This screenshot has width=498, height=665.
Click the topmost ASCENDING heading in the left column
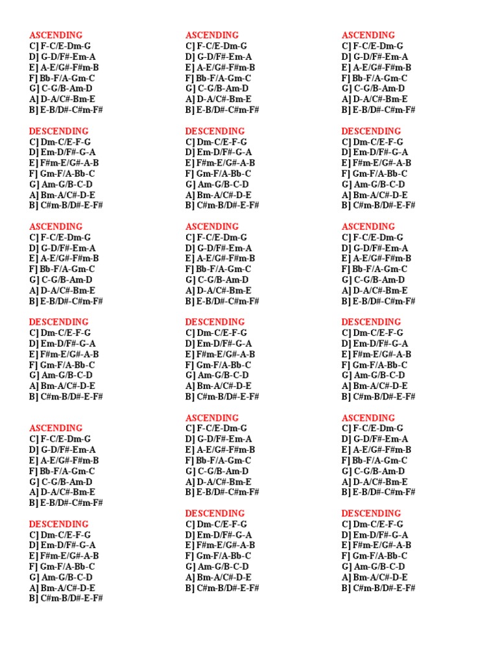(56, 35)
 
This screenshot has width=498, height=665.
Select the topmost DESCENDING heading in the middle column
(215, 131)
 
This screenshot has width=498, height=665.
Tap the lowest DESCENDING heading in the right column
(372, 513)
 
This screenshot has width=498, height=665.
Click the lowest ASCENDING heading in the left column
(56, 428)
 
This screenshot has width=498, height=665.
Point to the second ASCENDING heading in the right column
(368, 227)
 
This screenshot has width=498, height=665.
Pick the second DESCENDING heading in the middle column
(215, 322)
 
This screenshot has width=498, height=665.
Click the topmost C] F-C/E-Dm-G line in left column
(60, 46)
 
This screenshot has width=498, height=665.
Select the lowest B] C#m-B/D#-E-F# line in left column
(65, 598)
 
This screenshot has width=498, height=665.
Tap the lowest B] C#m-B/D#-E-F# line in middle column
(222, 588)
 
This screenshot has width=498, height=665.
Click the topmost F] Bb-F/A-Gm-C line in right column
(375, 78)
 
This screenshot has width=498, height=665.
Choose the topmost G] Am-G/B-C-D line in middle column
(217, 184)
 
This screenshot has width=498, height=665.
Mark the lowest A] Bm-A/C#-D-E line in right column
(375, 577)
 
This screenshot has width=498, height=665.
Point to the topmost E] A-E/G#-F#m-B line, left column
(64, 67)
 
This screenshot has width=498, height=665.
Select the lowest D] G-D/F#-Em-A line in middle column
(219, 439)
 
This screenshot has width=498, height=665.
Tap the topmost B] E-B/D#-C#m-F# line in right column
(379, 110)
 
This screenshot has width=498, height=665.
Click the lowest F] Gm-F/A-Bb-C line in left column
(62, 566)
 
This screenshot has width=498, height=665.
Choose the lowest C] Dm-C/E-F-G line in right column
(372, 524)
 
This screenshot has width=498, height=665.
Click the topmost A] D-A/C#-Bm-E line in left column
(62, 99)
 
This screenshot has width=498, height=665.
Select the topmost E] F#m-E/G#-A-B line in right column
(376, 163)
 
